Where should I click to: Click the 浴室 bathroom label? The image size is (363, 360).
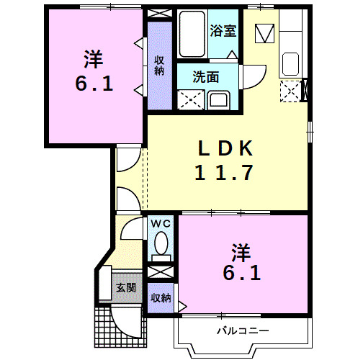click(x=222, y=30)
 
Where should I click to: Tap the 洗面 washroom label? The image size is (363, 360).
click(x=206, y=76)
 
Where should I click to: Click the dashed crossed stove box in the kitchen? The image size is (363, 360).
click(x=290, y=91)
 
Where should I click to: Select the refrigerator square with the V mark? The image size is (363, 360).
click(x=265, y=32)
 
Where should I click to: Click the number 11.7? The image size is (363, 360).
click(x=225, y=173)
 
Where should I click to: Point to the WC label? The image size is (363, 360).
click(x=160, y=223)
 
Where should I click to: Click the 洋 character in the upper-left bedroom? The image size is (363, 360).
click(x=92, y=57)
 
